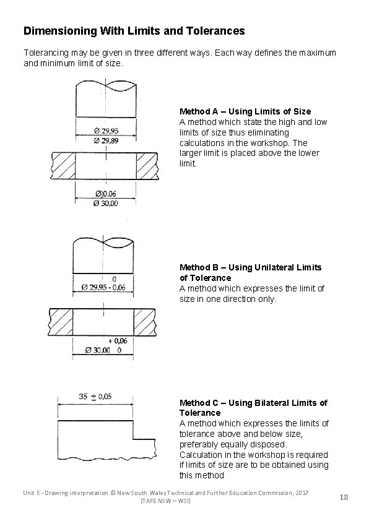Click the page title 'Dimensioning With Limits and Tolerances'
click(x=134, y=30)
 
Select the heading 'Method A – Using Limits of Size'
click(x=245, y=111)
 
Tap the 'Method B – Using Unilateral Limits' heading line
click(x=250, y=267)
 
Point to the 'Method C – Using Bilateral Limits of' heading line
click(x=253, y=403)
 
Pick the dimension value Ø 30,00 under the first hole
click(x=105, y=203)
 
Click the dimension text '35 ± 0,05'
click(x=95, y=397)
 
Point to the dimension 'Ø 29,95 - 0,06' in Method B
click(x=103, y=287)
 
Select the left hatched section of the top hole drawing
click(x=63, y=165)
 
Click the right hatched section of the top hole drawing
click(x=147, y=165)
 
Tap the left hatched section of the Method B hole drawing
click(x=61, y=322)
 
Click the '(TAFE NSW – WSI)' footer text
click(x=166, y=501)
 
